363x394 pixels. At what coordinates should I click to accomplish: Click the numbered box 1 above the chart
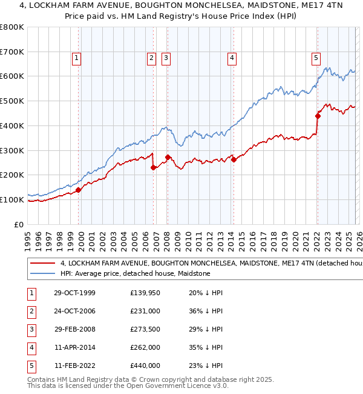click(x=77, y=58)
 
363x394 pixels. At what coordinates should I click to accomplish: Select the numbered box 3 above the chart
click(x=166, y=58)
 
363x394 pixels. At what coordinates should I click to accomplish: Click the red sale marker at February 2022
click(x=318, y=115)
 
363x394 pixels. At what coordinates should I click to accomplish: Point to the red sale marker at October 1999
click(x=79, y=190)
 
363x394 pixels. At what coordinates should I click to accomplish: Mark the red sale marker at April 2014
click(x=233, y=159)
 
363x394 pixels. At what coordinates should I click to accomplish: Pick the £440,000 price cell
click(x=145, y=365)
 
